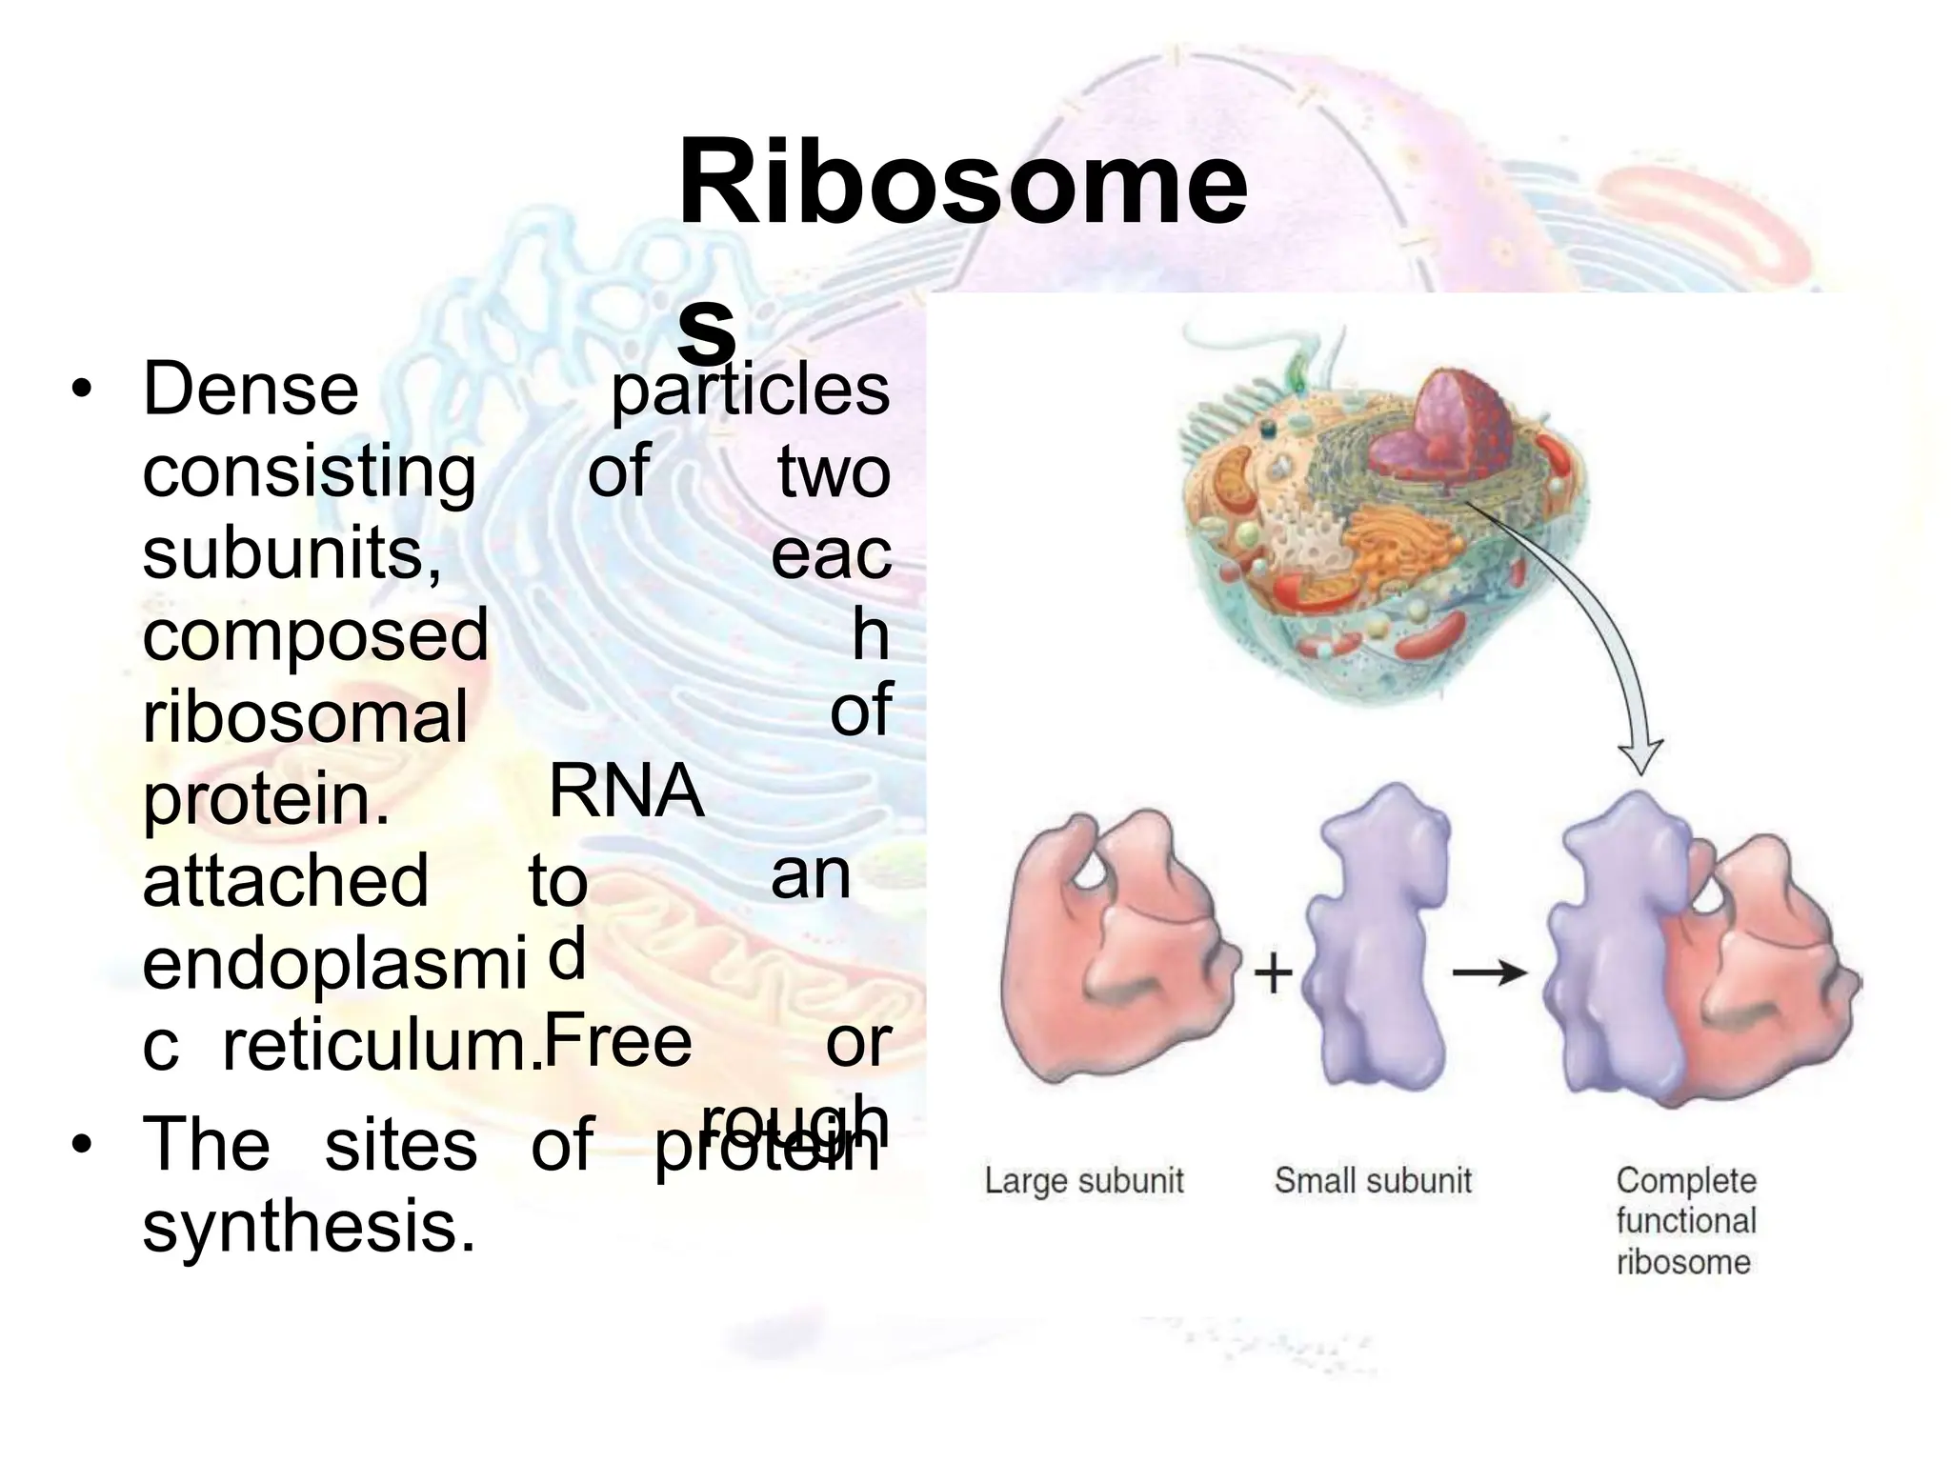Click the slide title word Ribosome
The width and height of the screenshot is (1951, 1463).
tap(962, 181)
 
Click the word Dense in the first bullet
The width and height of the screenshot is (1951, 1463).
tap(251, 390)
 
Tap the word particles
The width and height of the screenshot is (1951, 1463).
tap(750, 390)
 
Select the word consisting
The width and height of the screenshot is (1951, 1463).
tap(309, 473)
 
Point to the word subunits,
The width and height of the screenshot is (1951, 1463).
tap(292, 553)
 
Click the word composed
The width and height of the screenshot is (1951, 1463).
tap(314, 635)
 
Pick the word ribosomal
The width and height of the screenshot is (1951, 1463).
tap(305, 717)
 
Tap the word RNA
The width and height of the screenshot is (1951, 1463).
tap(626, 792)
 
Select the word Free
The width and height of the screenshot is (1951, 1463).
tap(617, 1041)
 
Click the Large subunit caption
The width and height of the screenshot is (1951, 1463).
tap(1083, 1181)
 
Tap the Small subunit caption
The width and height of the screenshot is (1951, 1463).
tap(1373, 1181)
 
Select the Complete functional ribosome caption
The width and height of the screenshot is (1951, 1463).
tap(1685, 1221)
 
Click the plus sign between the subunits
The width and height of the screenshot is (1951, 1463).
tap(1272, 973)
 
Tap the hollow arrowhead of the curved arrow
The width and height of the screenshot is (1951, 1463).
tap(1639, 757)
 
